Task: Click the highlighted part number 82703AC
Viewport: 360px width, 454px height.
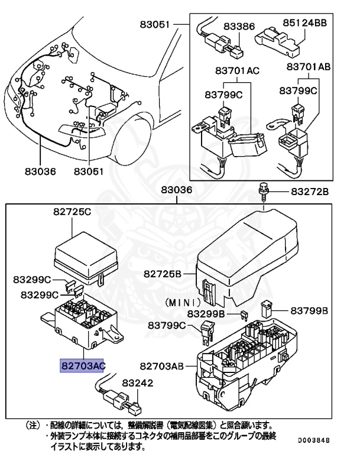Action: point(83,366)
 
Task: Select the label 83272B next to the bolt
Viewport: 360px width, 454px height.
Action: point(309,192)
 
